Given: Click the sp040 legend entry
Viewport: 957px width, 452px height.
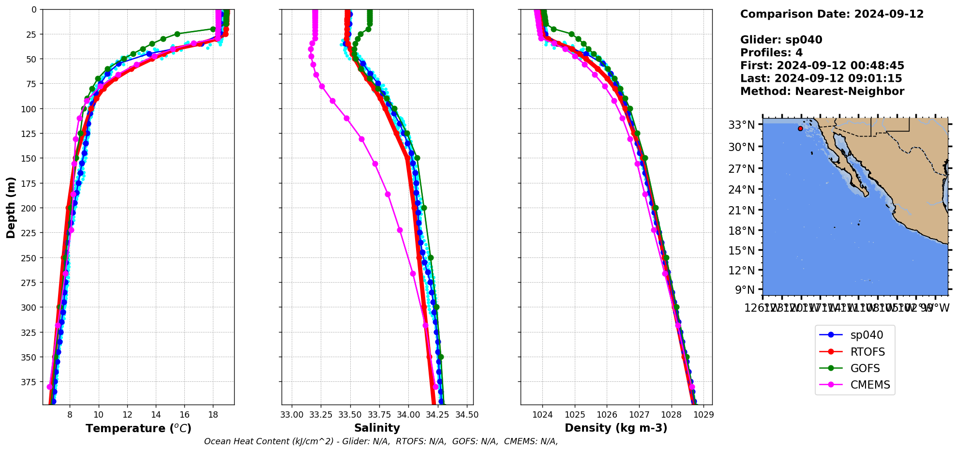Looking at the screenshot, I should click(866, 335).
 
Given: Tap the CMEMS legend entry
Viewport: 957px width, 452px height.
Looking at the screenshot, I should click(870, 385).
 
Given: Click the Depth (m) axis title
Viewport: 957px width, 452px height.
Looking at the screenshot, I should click(11, 207).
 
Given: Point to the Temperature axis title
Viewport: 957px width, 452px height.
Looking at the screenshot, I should click(138, 428).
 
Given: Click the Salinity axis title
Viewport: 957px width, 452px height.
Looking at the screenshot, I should click(377, 428).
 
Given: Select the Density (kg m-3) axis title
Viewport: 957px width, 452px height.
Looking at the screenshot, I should click(616, 428).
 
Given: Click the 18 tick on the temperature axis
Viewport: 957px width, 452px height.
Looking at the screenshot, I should click(213, 415).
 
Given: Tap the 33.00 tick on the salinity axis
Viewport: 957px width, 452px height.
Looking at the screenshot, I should click(292, 415).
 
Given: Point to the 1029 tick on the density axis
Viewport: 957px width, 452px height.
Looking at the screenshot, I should click(703, 415).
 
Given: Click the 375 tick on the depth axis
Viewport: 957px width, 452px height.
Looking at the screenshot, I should click(30, 382).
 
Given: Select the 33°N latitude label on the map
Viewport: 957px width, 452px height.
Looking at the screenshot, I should click(741, 125).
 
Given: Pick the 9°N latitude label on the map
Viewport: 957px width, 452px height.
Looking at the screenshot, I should click(745, 290).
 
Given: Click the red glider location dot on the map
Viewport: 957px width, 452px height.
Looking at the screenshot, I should click(800, 128).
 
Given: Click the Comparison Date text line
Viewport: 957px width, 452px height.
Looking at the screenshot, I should click(832, 14).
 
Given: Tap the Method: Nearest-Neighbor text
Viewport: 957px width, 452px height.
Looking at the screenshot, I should click(822, 91).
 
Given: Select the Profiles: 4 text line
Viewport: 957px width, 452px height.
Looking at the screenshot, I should click(771, 53).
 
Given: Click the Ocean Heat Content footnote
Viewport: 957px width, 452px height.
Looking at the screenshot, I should click(381, 441).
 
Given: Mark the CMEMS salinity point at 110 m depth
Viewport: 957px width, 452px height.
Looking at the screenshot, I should click(346, 118).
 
